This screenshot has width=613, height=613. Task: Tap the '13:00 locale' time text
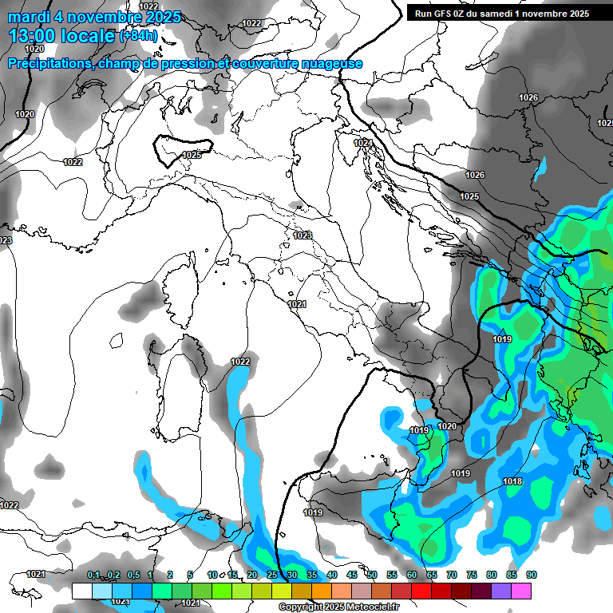62,36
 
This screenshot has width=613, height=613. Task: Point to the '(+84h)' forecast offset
138,36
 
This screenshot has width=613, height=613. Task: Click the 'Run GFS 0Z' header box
501,13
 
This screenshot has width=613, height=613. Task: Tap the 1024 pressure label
363,143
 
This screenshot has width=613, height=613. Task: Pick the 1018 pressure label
512,481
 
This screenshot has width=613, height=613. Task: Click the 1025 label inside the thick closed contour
192,155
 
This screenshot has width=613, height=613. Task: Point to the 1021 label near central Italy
297,304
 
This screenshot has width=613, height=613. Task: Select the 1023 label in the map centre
302,235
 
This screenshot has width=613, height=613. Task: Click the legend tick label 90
531,575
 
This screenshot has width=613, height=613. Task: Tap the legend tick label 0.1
93,575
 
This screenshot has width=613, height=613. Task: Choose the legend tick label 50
372,575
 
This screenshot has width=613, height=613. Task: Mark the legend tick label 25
272,575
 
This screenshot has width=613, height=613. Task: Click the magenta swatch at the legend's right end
521,591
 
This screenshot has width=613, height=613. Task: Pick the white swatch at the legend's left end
81,591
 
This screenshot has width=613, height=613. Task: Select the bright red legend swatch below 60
421,591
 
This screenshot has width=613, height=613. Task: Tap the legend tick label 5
190,575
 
